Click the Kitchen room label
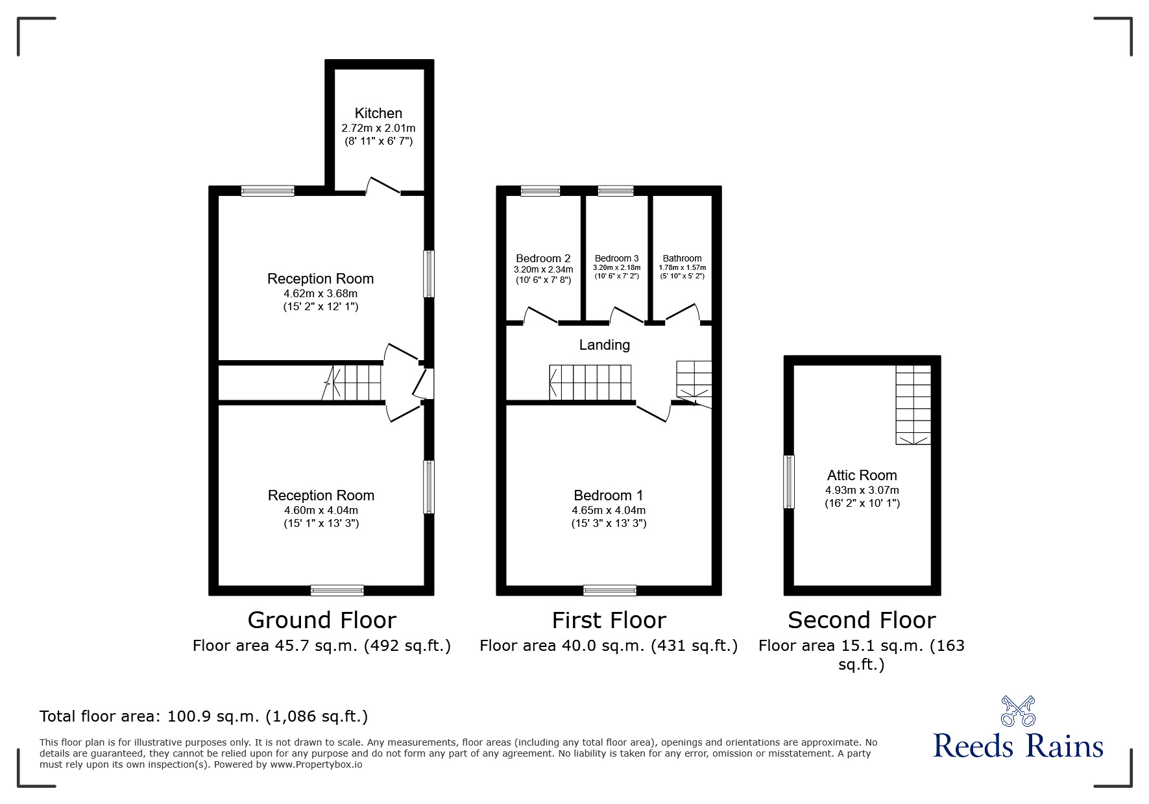click(x=378, y=113)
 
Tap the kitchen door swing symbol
click(x=383, y=186)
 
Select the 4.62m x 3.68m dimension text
click(x=321, y=293)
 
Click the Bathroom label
click(x=682, y=258)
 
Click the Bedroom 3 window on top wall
click(x=615, y=191)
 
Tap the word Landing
click(x=604, y=345)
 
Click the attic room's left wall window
click(x=789, y=481)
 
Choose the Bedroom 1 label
click(x=608, y=496)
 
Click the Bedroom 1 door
click(x=653, y=413)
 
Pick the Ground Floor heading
click(x=322, y=620)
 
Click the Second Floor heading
click(x=862, y=620)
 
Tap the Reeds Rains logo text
click(x=1018, y=746)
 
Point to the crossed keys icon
click(x=1018, y=711)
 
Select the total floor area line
click(x=204, y=716)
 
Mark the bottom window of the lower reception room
click(x=337, y=590)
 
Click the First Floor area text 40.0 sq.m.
click(x=608, y=646)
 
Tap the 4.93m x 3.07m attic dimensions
click(x=862, y=491)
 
